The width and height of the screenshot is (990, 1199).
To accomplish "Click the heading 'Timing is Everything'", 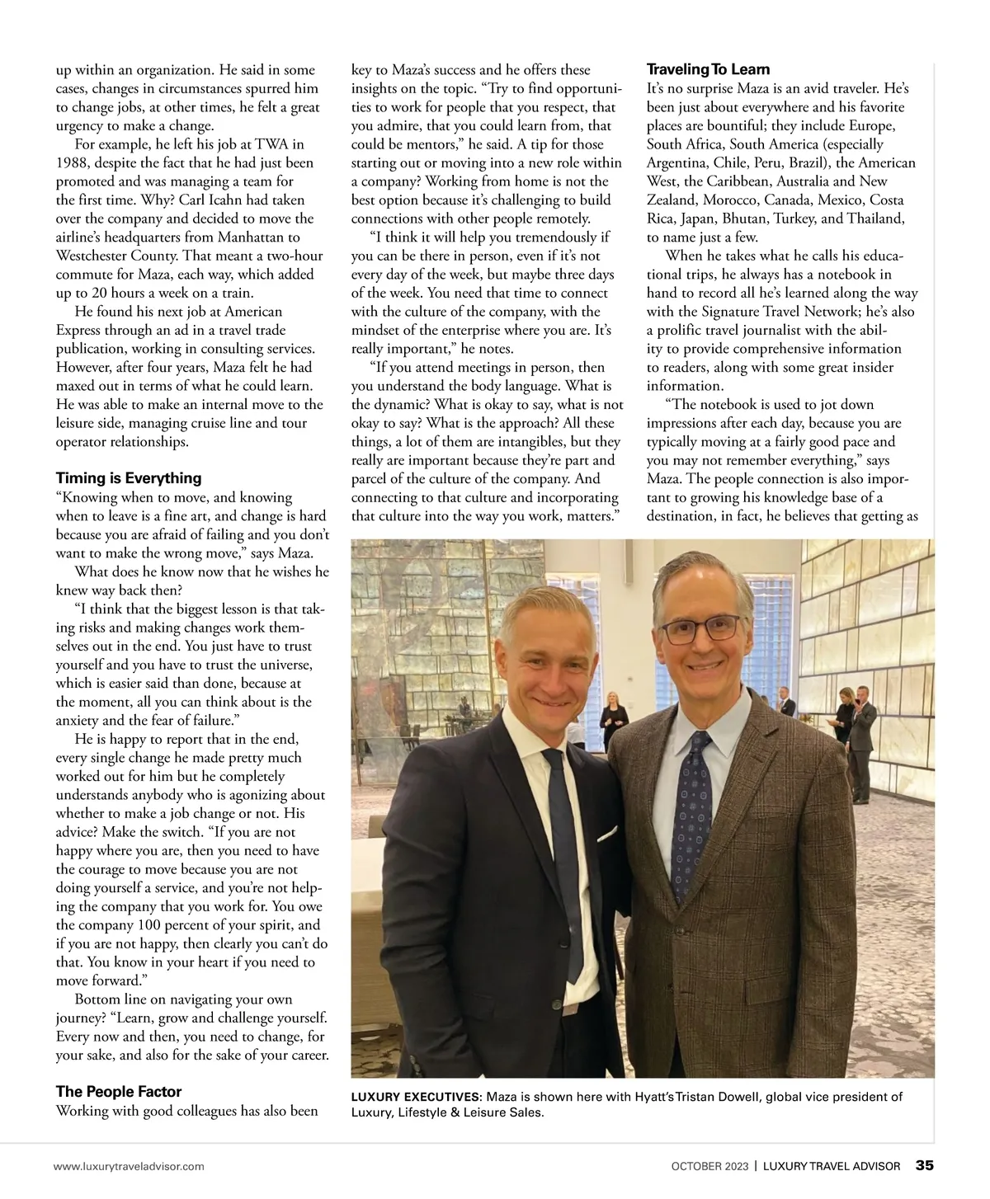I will point(129,478).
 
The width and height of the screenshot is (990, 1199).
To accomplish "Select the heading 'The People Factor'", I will point(119,1092).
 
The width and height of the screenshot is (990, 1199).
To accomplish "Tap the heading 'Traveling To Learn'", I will point(708,70).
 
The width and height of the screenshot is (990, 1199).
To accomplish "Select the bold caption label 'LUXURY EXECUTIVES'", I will point(416,1097).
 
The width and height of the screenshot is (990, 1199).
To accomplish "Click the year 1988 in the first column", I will point(72,162).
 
